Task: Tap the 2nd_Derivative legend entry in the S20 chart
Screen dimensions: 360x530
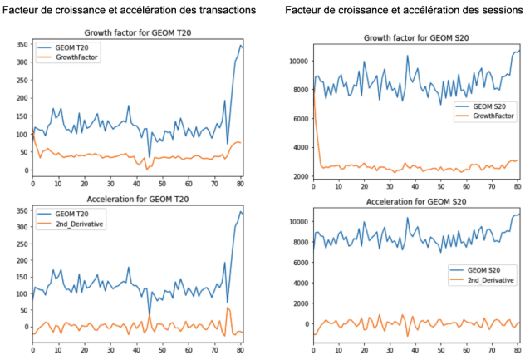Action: click(488, 281)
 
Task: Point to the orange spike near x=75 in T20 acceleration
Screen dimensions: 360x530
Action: click(228, 307)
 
